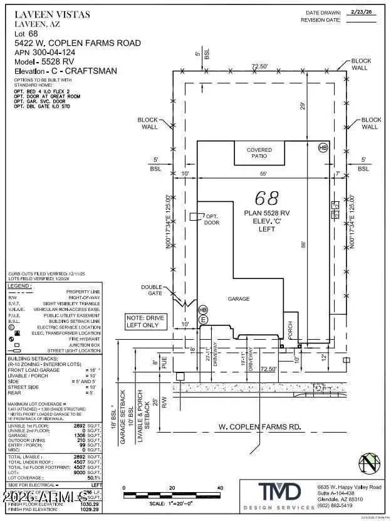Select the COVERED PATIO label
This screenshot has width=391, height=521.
[259, 153]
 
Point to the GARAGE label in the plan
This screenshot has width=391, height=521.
[239, 299]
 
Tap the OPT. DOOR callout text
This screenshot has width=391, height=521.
[212, 219]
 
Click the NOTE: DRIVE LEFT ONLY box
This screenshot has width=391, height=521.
[145, 322]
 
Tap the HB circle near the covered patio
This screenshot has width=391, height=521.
[323, 148]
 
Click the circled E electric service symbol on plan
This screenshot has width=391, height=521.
[202, 320]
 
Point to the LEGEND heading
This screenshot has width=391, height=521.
[21, 286]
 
